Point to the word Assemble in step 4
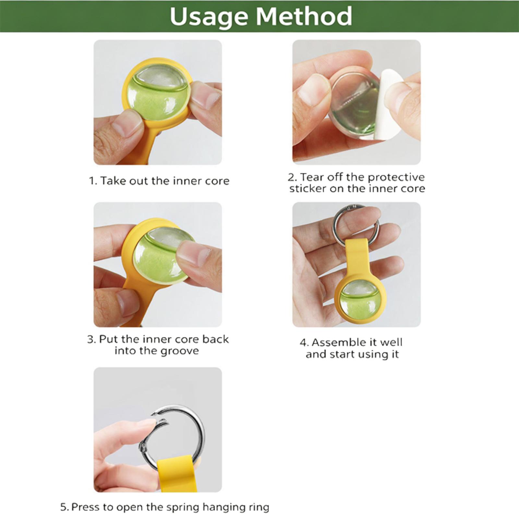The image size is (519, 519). [337, 343]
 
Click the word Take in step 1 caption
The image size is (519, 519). [113, 181]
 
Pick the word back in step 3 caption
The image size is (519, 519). [216, 339]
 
